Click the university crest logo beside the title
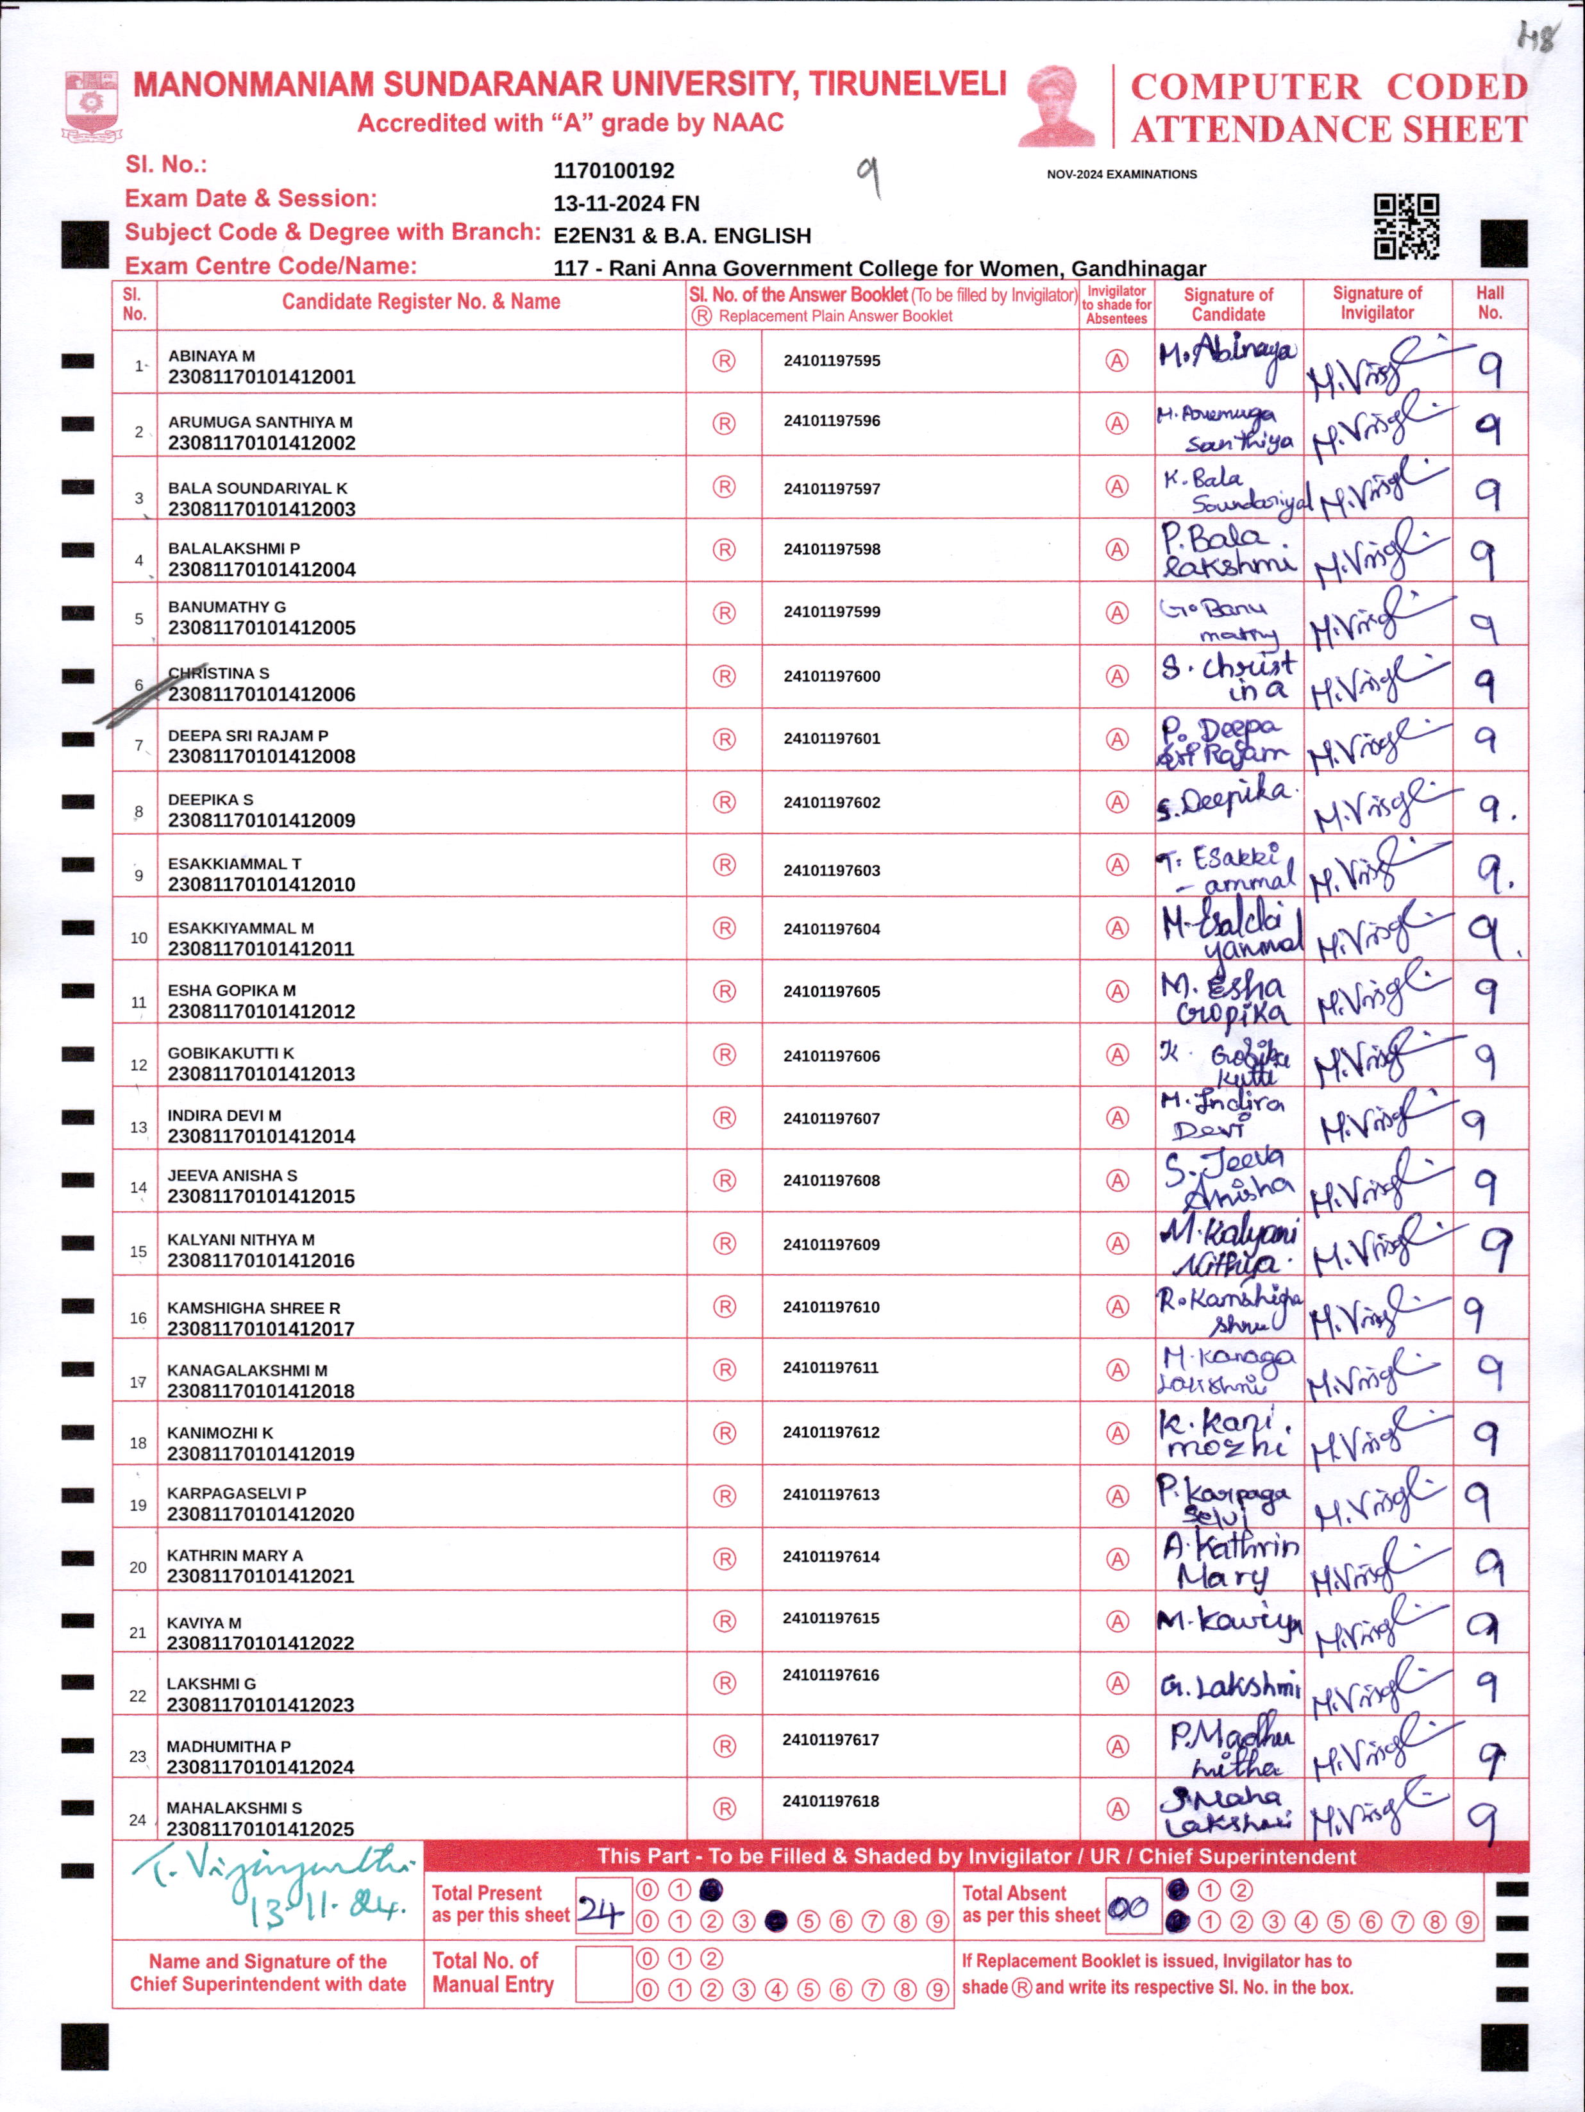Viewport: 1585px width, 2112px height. [92, 103]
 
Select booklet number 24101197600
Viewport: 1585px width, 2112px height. [832, 676]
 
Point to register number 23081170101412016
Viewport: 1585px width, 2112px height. [261, 1261]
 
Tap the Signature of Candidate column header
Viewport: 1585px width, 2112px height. [1228, 305]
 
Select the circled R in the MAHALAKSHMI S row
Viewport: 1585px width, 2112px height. [725, 1808]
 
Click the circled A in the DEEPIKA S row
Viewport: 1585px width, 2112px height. [1116, 802]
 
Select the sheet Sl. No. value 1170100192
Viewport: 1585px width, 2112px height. [614, 171]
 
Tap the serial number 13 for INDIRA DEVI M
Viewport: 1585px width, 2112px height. [138, 1128]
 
